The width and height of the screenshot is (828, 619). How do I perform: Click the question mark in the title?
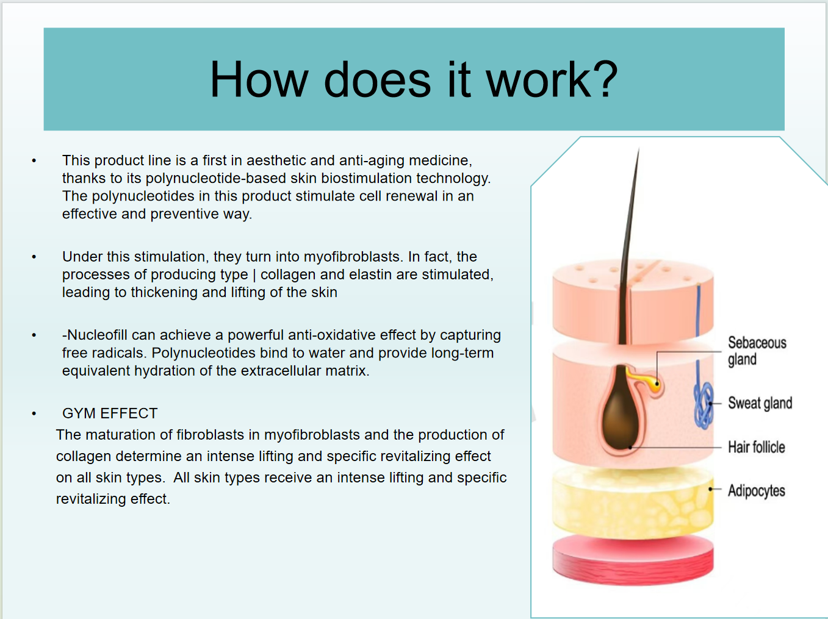[x=603, y=79]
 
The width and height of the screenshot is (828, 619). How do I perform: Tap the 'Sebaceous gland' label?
[x=757, y=351]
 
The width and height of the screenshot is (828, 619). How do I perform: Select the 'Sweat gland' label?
[x=760, y=403]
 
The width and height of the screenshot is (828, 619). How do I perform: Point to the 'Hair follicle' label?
[x=757, y=447]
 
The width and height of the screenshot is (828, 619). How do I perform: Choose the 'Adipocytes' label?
[x=757, y=490]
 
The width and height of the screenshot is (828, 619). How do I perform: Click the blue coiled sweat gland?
[x=703, y=406]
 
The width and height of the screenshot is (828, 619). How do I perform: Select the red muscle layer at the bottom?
[x=633, y=560]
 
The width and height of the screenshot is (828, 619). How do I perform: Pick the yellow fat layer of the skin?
[x=633, y=503]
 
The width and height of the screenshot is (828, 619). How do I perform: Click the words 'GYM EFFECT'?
[x=110, y=413]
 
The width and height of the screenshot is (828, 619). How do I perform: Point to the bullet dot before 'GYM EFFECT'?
[x=34, y=413]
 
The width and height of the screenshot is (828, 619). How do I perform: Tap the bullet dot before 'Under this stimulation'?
[x=34, y=257]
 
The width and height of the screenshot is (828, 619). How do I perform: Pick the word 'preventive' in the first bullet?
[x=184, y=214]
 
